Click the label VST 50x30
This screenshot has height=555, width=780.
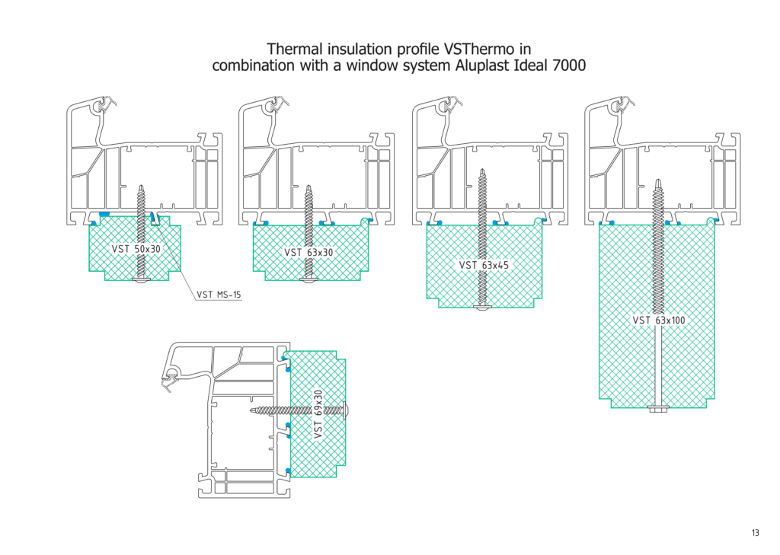[x=136, y=249]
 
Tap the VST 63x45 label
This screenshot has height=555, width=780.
[x=481, y=266]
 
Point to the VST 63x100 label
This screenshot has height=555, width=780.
[x=659, y=321]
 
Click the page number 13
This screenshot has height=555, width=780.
[x=755, y=533]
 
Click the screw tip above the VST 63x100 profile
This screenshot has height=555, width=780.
[x=657, y=183]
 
